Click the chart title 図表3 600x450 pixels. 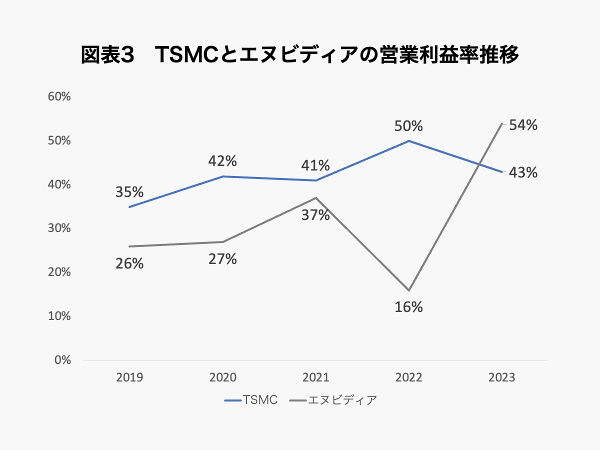click(x=300, y=55)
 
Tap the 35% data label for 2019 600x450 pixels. click(x=129, y=192)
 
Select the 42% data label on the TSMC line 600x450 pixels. click(x=222, y=161)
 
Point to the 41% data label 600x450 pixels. click(x=315, y=165)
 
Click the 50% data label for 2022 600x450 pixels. click(x=408, y=126)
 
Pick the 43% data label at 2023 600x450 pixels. click(x=523, y=173)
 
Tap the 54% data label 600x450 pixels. click(x=523, y=126)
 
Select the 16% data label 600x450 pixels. click(x=408, y=307)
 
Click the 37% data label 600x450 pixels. click(x=315, y=215)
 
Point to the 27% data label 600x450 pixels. click(x=222, y=259)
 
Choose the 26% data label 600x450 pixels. click(x=129, y=263)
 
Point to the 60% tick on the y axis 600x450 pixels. click(x=58, y=97)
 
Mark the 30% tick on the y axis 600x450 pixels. click(x=58, y=228)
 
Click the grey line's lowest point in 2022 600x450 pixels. click(x=408, y=290)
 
